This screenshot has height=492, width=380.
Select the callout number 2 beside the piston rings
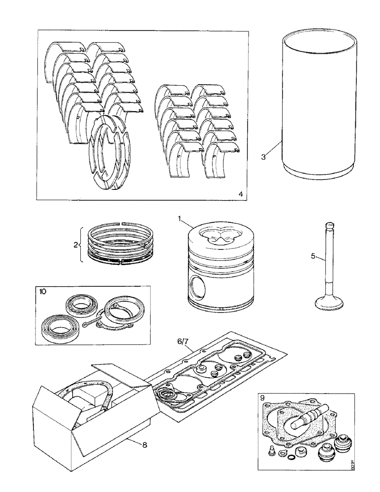76,244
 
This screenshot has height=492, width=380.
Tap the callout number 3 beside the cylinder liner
264,157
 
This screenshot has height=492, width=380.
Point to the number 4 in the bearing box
240,194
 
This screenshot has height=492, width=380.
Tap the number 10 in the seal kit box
42,291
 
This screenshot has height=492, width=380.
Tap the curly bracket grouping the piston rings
81,244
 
